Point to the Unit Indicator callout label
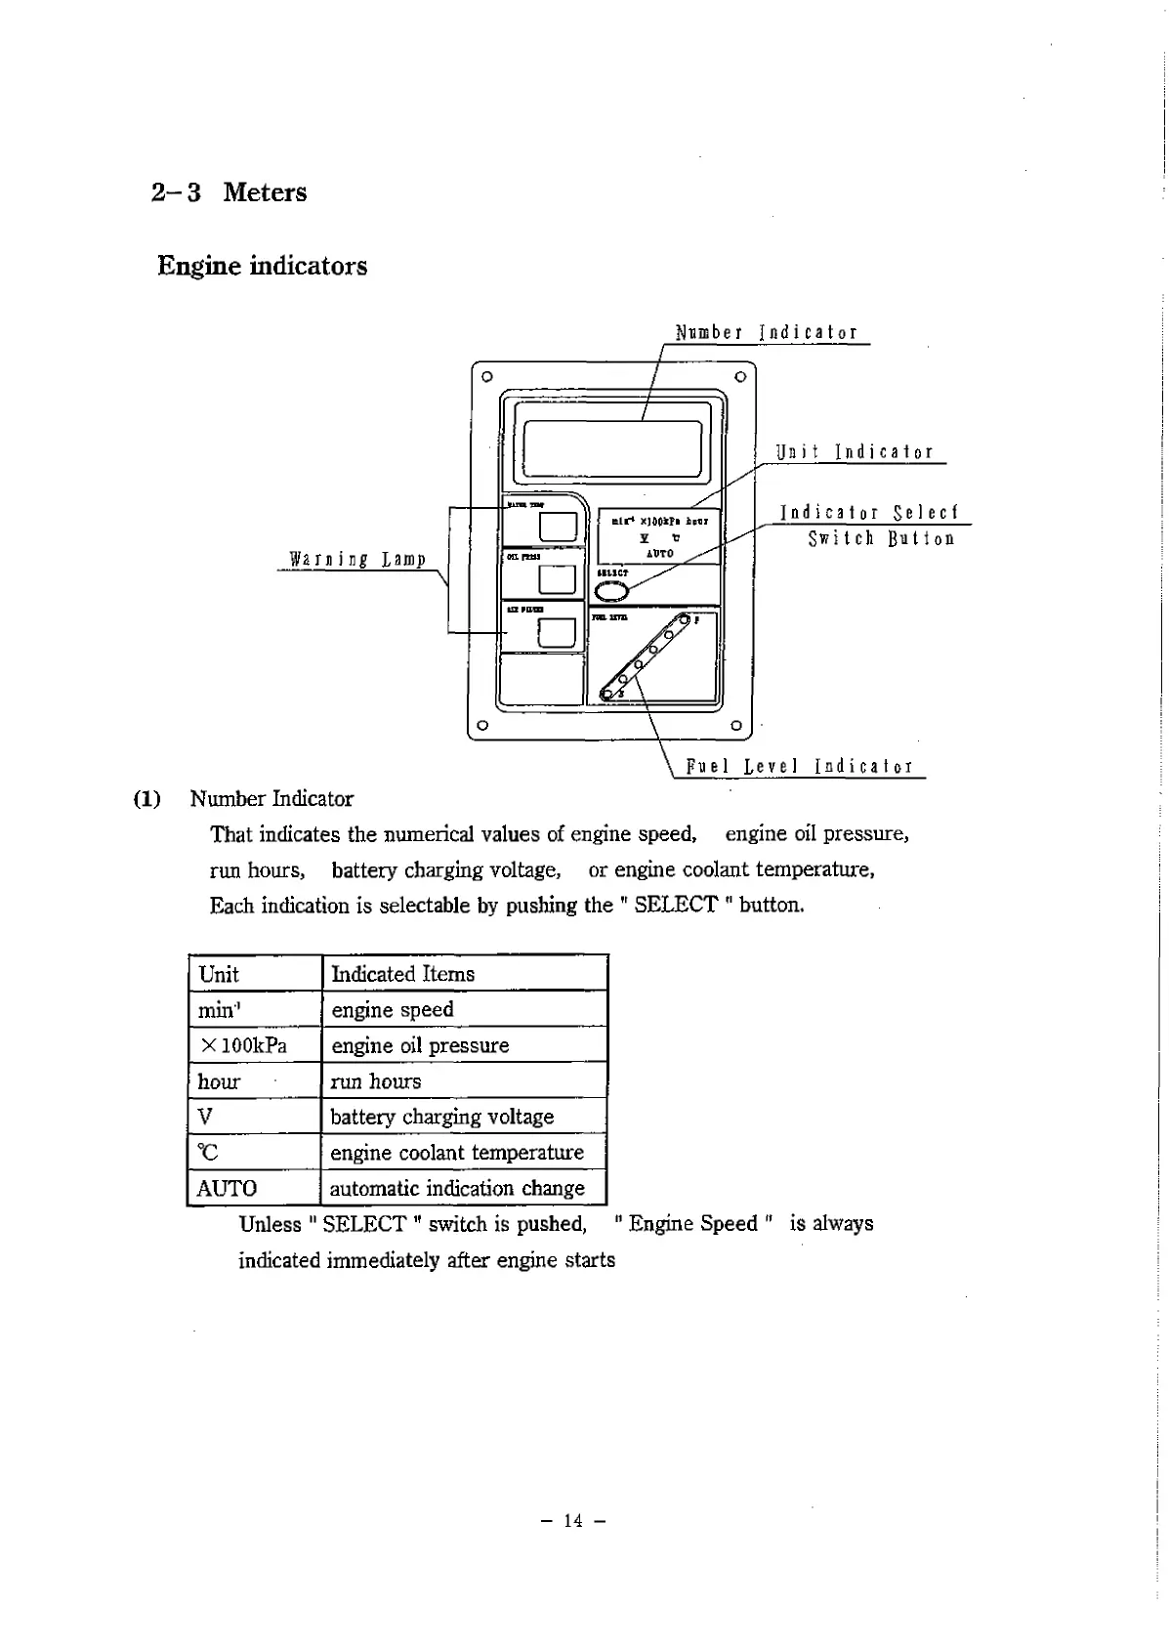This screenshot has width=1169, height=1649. pyautogui.click(x=855, y=452)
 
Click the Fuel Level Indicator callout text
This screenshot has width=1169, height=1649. pyautogui.click(x=800, y=767)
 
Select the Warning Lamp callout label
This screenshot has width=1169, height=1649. pyautogui.click(x=357, y=560)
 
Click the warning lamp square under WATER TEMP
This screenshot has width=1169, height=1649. pyautogui.click(x=558, y=527)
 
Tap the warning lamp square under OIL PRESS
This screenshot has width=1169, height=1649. pyautogui.click(x=557, y=579)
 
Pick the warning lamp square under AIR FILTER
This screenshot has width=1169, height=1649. pyautogui.click(x=556, y=633)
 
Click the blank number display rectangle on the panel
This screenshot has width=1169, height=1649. pyautogui.click(x=613, y=449)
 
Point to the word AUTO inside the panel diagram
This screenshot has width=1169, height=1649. pyautogui.click(x=660, y=553)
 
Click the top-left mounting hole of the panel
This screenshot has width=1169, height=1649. pyautogui.click(x=486, y=376)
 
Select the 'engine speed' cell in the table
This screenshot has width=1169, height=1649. pyautogui.click(x=393, y=1009)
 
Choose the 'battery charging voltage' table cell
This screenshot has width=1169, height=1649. pyautogui.click(x=441, y=1117)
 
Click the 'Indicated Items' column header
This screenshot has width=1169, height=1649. pyautogui.click(x=402, y=974)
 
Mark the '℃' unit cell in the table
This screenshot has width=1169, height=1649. pyautogui.click(x=208, y=1153)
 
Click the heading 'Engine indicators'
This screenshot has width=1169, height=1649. pyautogui.click(x=262, y=266)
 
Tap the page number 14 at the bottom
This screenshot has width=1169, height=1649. pyautogui.click(x=572, y=1520)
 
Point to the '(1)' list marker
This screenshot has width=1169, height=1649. pyautogui.click(x=146, y=799)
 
